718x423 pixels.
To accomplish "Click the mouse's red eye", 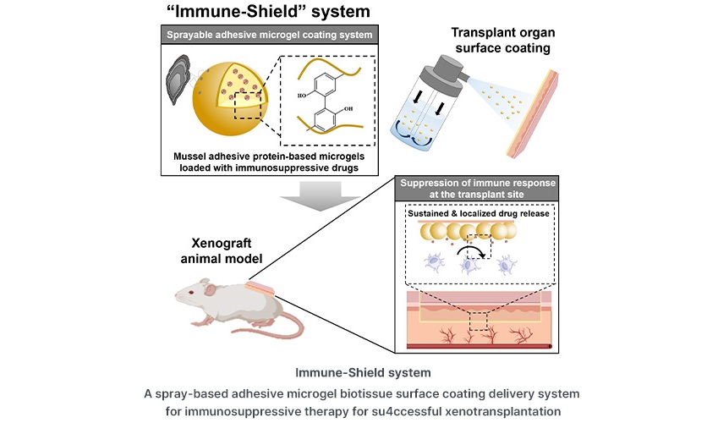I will (203, 292).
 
